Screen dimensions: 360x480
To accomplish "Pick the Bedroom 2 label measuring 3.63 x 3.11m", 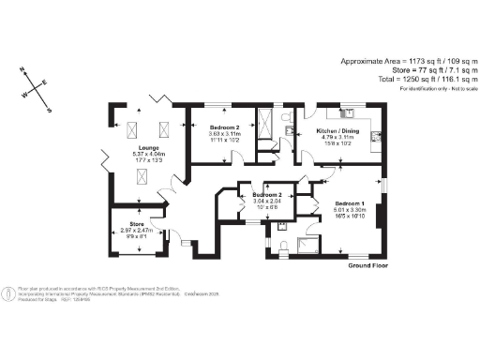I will (217, 127).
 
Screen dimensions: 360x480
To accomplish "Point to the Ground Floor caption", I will (368, 266).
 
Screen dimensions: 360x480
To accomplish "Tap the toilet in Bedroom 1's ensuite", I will (285, 247).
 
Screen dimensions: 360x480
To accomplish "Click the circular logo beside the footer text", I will (10, 294).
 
